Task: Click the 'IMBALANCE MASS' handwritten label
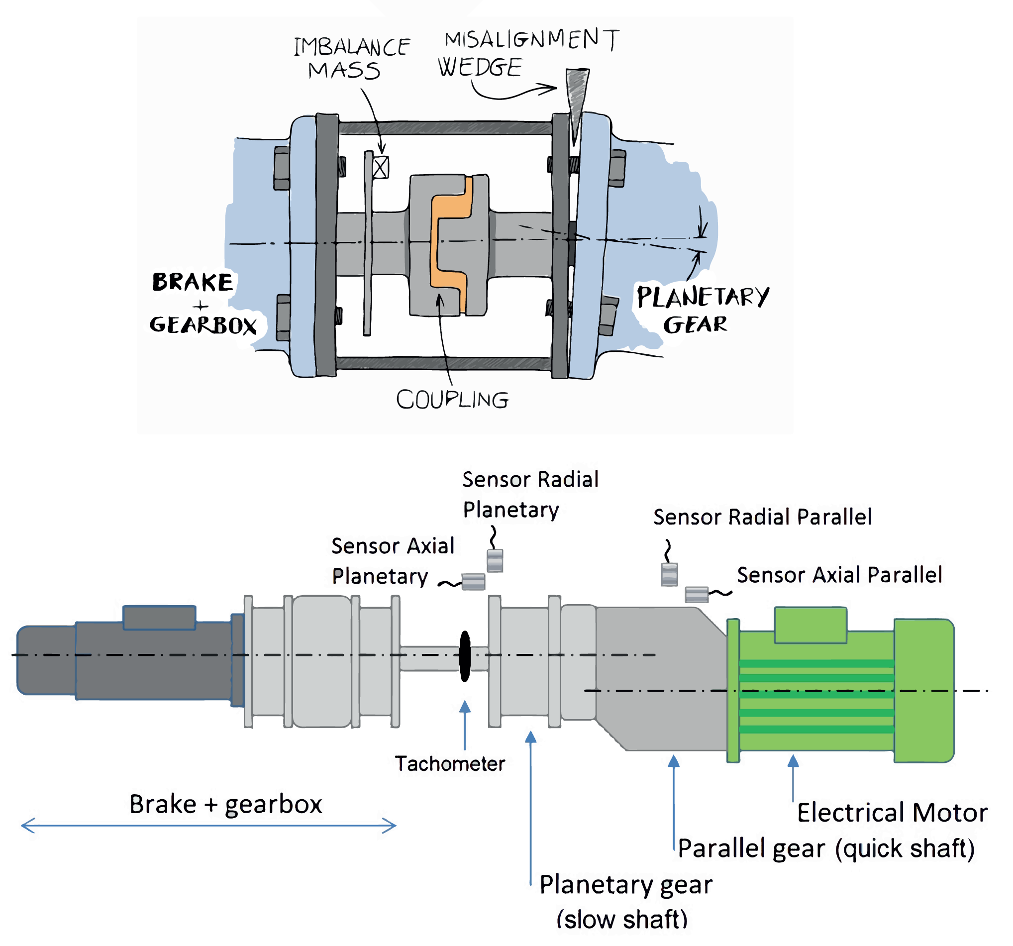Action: (x=351, y=59)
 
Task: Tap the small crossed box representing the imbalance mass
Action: (x=380, y=167)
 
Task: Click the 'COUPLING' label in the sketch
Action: (x=452, y=400)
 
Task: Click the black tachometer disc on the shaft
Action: (x=465, y=656)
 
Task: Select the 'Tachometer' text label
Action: (x=450, y=763)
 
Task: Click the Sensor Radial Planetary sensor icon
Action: (x=495, y=560)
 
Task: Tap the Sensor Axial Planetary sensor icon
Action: (x=473, y=581)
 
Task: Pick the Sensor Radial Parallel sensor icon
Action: (x=669, y=574)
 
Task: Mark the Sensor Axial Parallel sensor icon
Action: (x=696, y=594)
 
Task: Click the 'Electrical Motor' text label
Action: (x=892, y=813)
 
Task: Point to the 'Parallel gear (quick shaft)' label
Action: (x=826, y=848)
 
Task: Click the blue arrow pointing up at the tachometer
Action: (x=465, y=724)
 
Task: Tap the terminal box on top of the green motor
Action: (x=810, y=624)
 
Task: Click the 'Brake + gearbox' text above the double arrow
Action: (x=226, y=804)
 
